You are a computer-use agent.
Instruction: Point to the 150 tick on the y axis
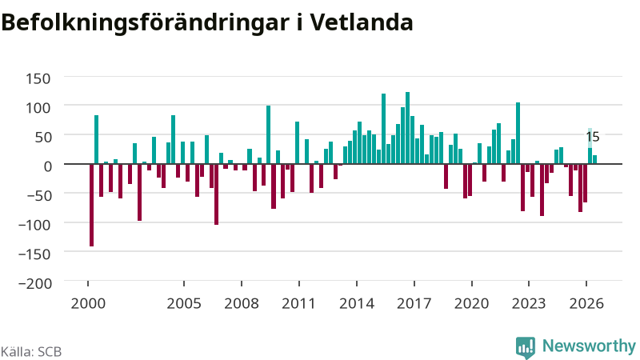pyautogui.click(x=38, y=78)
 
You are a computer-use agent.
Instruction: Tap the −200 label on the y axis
pyautogui.click(x=35, y=283)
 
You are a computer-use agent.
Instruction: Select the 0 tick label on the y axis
pyautogui.click(x=48, y=166)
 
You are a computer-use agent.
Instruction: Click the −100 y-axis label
pyautogui.click(x=35, y=225)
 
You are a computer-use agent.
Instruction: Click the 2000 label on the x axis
pyautogui.click(x=88, y=304)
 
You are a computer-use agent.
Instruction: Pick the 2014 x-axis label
pyautogui.click(x=357, y=304)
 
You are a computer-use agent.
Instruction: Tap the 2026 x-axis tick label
pyautogui.click(x=586, y=304)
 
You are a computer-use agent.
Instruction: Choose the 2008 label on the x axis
pyautogui.click(x=242, y=304)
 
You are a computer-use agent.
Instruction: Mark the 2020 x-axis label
pyautogui.click(x=472, y=304)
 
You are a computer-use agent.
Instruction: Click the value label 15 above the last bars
pyautogui.click(x=593, y=137)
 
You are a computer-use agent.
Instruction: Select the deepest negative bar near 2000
pyautogui.click(x=91, y=205)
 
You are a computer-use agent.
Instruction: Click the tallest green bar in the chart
pyautogui.click(x=407, y=128)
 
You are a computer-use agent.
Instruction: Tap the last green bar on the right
pyautogui.click(x=594, y=159)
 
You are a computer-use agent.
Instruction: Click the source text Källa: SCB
pyautogui.click(x=31, y=352)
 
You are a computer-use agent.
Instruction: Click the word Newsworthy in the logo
pyautogui.click(x=589, y=346)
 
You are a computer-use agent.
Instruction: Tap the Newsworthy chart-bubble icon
pyautogui.click(x=526, y=348)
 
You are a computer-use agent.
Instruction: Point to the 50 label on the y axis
pyautogui.click(x=43, y=137)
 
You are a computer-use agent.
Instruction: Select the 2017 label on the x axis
pyautogui.click(x=414, y=304)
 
